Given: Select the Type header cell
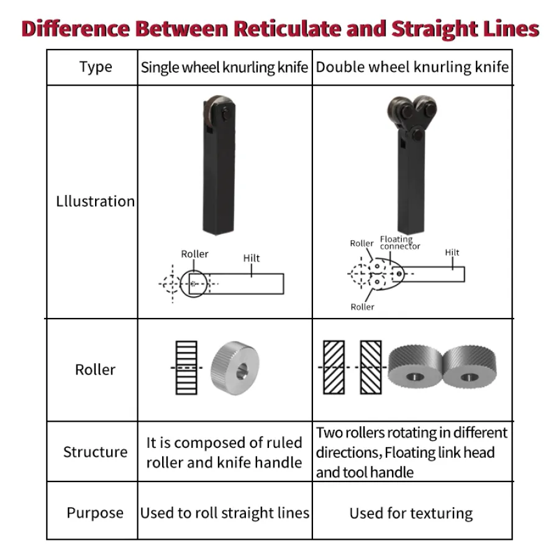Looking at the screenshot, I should click(96, 67).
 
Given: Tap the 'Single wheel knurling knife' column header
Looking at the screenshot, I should click(224, 67).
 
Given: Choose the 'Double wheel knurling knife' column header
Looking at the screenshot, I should click(412, 67).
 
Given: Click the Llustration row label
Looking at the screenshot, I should click(95, 201).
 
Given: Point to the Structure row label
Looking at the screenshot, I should click(95, 452).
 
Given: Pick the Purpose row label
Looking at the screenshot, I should click(95, 513).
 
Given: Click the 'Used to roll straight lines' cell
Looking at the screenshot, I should click(224, 513).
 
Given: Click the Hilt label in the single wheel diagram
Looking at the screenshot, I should click(252, 258).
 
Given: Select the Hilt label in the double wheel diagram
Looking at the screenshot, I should click(452, 252).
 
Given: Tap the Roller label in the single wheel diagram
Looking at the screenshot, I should click(194, 254).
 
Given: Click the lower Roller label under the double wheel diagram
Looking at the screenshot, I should click(362, 307).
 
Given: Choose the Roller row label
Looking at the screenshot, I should click(95, 370).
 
